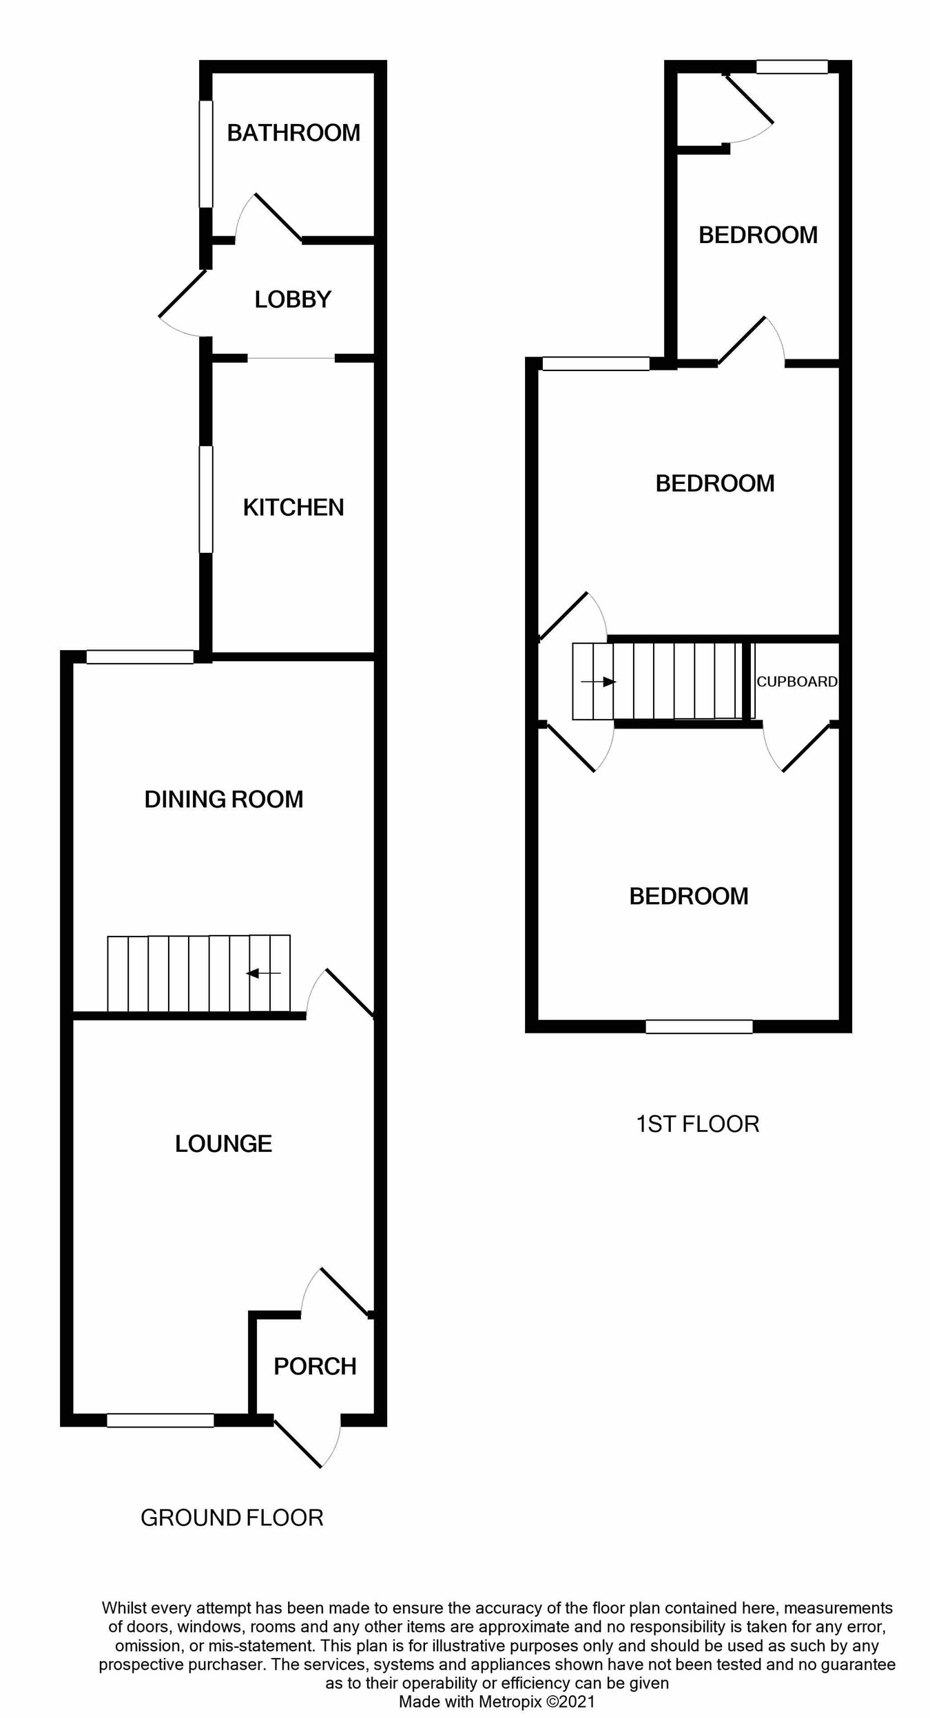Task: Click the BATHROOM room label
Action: pos(293,132)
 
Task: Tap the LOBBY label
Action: pos(293,299)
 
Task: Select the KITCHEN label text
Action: pos(293,507)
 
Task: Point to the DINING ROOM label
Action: pos(224,799)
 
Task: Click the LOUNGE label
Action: pos(223,1143)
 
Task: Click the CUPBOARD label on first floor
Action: pos(797,681)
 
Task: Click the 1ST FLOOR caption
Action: pos(697,1124)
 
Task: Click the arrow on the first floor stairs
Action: pos(599,682)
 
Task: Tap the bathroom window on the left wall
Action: pos(205,154)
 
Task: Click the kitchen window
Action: pos(205,499)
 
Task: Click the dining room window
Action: pos(140,656)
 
